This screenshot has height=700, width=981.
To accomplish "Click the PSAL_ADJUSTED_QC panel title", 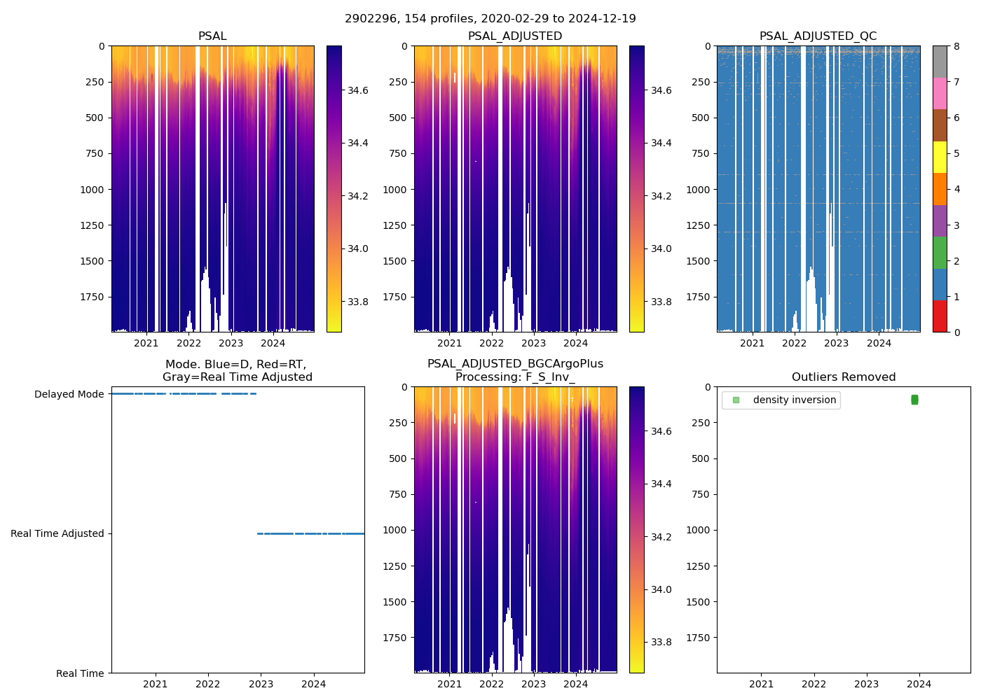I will [818, 36].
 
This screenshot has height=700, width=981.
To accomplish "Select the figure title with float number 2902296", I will [490, 19].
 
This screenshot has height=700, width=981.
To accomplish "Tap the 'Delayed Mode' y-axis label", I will [69, 394].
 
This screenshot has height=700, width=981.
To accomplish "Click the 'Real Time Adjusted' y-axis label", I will [57, 533].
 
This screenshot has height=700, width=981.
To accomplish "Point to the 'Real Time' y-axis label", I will [80, 673].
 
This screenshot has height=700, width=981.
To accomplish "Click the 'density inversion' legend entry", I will [794, 400].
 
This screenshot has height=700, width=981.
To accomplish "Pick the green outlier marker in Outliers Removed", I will [914, 400].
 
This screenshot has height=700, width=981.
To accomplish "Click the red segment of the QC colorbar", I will [940, 316].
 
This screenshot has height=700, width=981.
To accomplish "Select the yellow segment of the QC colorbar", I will [940, 157].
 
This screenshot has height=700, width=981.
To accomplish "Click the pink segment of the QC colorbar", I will [940, 94].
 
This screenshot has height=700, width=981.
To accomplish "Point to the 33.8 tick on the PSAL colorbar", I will [359, 302].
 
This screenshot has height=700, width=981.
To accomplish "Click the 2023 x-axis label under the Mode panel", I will [261, 684].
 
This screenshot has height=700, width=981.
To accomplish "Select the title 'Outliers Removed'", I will [843, 377].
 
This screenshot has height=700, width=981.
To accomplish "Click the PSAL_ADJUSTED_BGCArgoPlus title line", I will [515, 364].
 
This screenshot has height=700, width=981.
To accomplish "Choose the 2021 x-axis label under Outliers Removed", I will [761, 684].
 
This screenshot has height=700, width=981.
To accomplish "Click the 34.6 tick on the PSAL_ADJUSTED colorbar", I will [661, 90].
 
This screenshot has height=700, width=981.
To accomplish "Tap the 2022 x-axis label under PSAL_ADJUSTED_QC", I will [794, 343].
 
